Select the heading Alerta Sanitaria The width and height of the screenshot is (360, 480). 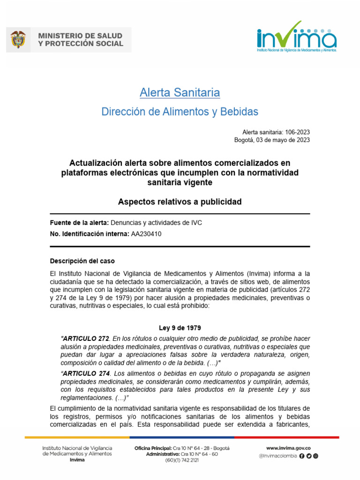[180, 93]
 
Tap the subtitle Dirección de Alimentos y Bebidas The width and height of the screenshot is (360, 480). [180, 112]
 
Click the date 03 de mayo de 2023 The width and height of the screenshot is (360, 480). [284, 140]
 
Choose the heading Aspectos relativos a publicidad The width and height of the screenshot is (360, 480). [180, 202]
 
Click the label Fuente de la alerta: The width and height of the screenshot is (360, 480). [79, 223]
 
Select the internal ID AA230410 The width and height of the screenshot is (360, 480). [146, 234]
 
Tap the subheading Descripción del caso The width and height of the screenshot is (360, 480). [82, 261]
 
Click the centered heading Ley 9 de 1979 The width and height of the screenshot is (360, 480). [180, 328]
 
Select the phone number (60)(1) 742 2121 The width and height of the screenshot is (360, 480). [182, 460]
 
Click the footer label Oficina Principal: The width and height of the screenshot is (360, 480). [153, 448]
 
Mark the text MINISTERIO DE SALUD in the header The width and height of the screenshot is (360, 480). [80, 36]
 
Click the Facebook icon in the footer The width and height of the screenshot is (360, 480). [301, 456]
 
